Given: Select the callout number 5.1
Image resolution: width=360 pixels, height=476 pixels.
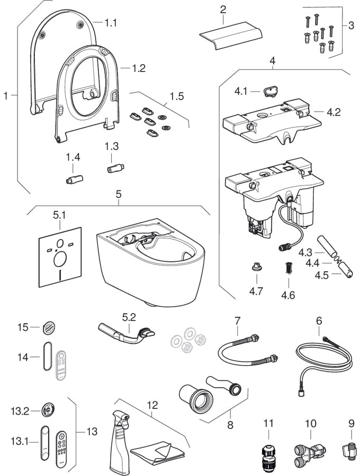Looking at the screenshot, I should click(x=60, y=216).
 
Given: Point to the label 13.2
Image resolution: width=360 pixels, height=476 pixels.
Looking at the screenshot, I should click(x=19, y=410).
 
